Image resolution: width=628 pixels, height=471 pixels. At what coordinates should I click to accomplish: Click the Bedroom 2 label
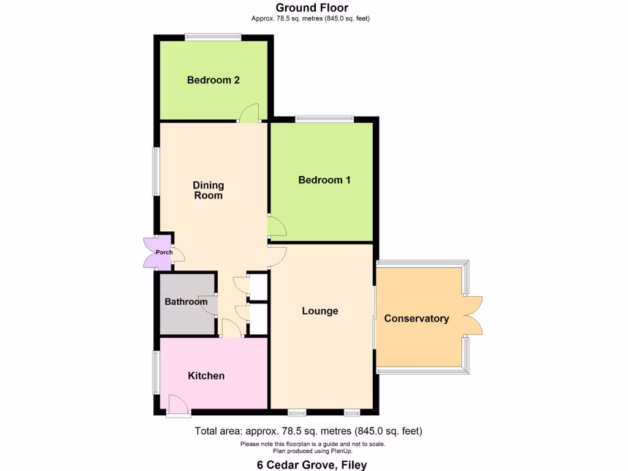coord(213,80)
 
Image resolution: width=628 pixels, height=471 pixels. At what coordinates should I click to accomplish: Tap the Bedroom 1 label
coord(324,180)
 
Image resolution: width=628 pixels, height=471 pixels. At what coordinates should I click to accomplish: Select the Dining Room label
coord(209,190)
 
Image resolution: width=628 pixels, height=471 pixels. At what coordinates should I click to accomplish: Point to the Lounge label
coord(320,311)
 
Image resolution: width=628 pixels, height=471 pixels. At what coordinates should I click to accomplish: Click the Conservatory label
coord(416,318)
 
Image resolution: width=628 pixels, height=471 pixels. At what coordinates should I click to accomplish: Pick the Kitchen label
coord(206,375)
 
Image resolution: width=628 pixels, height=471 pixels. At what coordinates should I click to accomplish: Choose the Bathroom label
coord(186,302)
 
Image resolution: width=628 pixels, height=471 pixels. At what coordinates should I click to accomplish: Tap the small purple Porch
coord(163,252)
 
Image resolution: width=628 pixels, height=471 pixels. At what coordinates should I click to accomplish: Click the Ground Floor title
coord(312,8)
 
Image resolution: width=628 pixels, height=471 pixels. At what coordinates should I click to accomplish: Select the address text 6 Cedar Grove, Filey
coord(312,465)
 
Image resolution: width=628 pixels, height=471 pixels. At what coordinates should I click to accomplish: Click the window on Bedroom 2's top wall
coord(213,37)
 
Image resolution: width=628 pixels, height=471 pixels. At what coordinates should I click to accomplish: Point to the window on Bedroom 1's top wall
coord(324,119)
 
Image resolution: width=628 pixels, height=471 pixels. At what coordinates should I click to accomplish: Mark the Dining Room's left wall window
coord(156,172)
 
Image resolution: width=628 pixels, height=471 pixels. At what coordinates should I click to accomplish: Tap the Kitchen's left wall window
coord(156,372)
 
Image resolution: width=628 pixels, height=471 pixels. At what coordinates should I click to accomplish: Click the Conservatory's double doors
coord(473,315)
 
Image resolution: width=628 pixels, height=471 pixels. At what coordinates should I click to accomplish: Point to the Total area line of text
coord(308,431)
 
